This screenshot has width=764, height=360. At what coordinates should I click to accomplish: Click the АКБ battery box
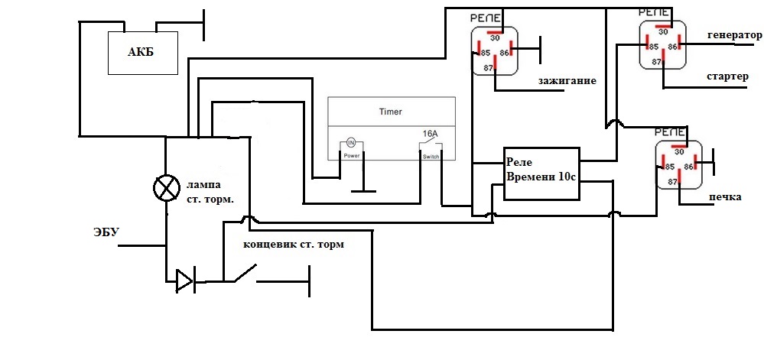pos(143,52)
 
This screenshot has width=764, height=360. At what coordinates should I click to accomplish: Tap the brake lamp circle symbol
pos(164,187)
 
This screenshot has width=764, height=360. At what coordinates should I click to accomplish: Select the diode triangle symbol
pos(184,281)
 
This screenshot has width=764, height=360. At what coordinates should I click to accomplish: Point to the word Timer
pos(390,112)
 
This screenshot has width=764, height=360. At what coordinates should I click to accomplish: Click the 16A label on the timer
pos(431,134)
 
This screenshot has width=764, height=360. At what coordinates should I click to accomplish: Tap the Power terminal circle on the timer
pos(351,142)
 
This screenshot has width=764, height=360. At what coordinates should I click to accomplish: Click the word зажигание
pos(567,79)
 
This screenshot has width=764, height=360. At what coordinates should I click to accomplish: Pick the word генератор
pos(734,35)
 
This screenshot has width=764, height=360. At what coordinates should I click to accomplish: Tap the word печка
pos(725,196)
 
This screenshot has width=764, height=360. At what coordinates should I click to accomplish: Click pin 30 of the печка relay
pos(678,151)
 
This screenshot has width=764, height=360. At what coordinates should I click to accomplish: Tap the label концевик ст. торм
pos(294,245)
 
